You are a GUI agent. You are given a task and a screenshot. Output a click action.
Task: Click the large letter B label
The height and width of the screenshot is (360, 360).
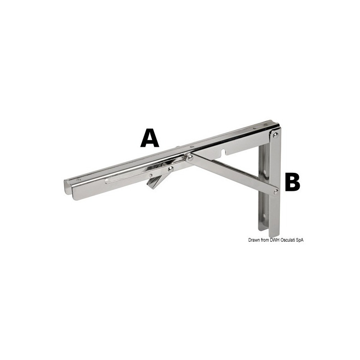[x=292, y=183]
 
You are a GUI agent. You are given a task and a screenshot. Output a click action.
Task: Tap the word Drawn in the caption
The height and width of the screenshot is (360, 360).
[x=255, y=240]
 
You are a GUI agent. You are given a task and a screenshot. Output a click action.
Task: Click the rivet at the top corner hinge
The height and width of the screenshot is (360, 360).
[x=275, y=135]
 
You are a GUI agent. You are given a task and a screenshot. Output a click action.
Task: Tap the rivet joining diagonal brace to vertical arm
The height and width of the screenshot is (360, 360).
[x=275, y=191]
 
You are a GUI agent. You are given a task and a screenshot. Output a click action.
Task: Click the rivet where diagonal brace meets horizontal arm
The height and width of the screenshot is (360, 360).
[x=190, y=157]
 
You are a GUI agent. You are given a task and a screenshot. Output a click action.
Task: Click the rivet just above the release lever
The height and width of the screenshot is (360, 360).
[x=170, y=169]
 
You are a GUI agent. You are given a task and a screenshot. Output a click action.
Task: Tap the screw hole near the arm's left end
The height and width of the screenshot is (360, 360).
[x=79, y=180]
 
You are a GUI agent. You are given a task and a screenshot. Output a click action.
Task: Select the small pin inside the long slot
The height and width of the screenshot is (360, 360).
[x=151, y=175]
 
